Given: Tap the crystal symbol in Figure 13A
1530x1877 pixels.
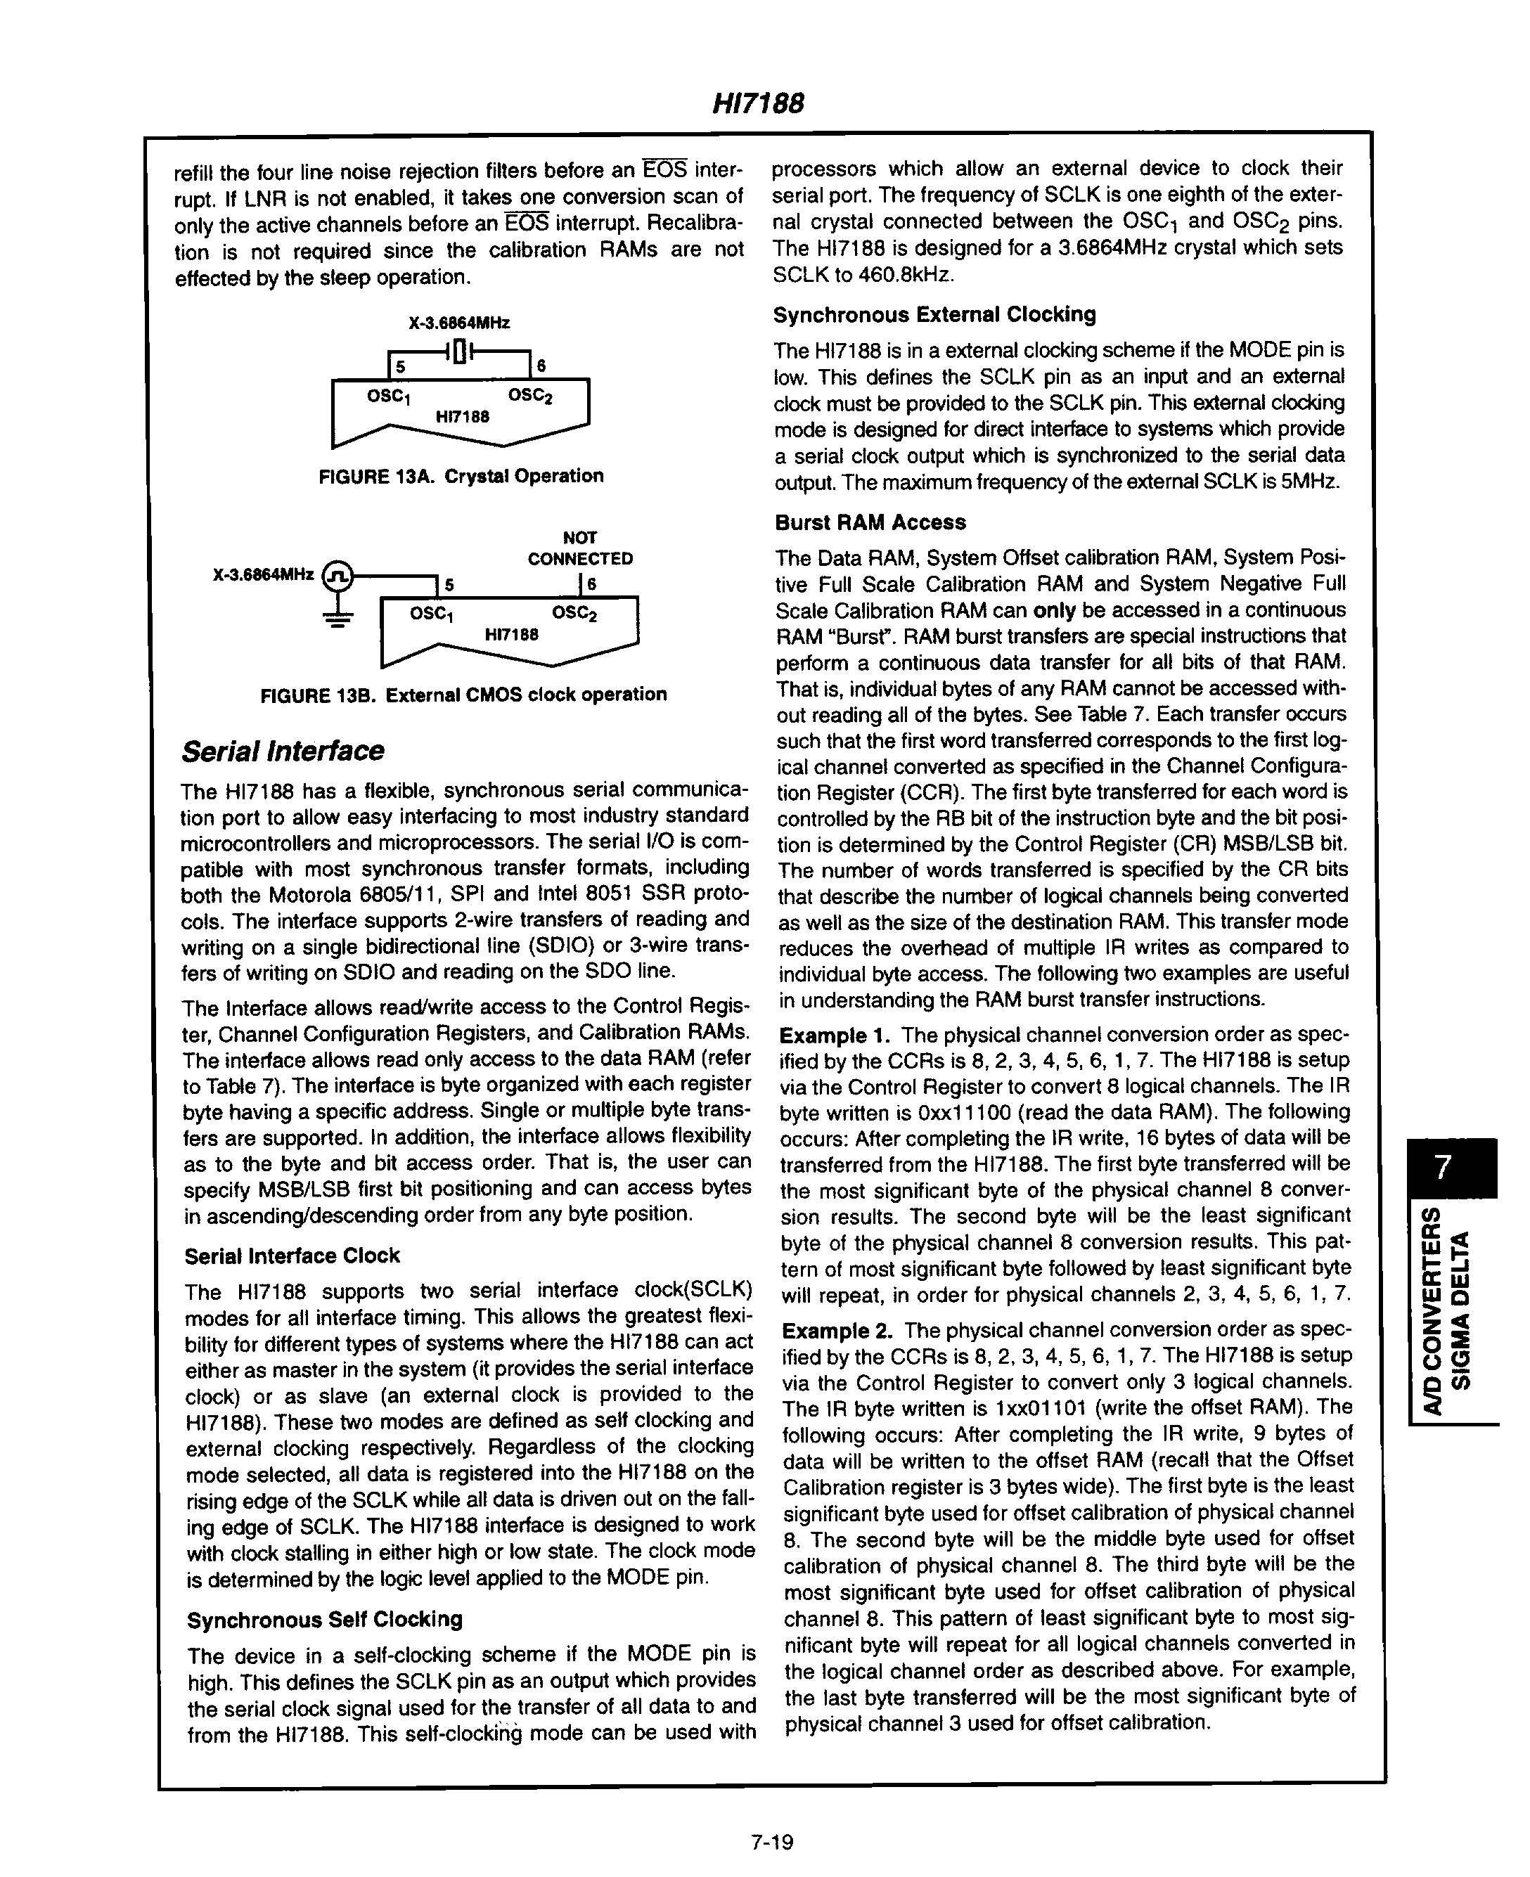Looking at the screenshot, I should pyautogui.click(x=458, y=351).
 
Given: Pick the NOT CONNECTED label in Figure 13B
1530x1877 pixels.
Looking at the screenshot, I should pyautogui.click(x=579, y=548).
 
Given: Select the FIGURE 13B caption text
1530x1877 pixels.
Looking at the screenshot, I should pyautogui.click(x=463, y=695).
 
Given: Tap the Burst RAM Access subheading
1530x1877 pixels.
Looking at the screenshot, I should pyautogui.click(x=870, y=522).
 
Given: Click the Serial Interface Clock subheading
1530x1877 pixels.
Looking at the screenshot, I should pyautogui.click(x=292, y=1255).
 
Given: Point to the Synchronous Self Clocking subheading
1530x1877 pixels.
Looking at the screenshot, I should pyautogui.click(x=324, y=1619).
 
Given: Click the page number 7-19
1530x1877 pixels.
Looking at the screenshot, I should pyautogui.click(x=772, y=1842).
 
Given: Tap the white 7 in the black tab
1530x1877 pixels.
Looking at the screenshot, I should pyautogui.click(x=1442, y=1168).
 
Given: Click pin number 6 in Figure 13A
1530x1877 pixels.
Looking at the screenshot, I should pyautogui.click(x=541, y=366).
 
